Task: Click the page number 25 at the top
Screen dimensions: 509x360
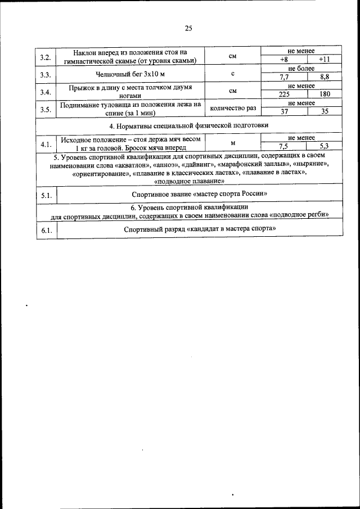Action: click(188, 28)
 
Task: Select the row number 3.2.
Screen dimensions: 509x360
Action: click(46, 57)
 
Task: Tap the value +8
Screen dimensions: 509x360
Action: click(284, 60)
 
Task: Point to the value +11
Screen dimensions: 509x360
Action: click(324, 60)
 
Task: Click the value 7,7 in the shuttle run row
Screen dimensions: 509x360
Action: click(284, 77)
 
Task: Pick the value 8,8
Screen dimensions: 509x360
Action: click(324, 77)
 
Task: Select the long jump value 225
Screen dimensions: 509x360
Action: click(284, 95)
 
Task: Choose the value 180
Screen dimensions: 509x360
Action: click(324, 95)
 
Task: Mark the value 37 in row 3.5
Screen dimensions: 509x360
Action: click(284, 112)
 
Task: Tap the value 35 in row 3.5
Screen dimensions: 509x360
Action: click(324, 112)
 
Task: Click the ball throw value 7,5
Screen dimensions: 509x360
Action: click(284, 145)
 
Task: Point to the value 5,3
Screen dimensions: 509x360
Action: click(324, 145)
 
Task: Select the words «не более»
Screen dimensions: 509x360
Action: click(301, 69)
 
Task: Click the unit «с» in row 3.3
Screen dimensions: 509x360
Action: click(232, 74)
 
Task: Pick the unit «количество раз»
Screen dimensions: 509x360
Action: click(232, 108)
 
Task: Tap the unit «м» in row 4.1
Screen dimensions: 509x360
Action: click(232, 143)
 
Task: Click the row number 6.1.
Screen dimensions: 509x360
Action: click(46, 230)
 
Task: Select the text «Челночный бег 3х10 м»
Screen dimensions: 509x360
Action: click(130, 74)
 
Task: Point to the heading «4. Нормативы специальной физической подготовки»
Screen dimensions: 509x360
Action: click(188, 125)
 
